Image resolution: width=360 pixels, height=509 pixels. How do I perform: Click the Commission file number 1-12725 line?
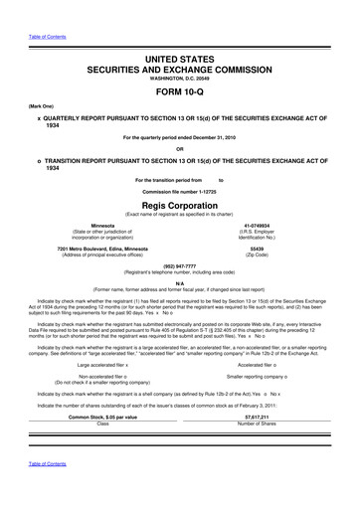tap(179, 189)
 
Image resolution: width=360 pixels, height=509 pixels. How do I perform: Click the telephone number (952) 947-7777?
tap(179, 266)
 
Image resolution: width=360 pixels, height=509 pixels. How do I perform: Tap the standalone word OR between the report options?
tap(179, 150)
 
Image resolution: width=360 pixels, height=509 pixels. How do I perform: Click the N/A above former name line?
tap(179, 281)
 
